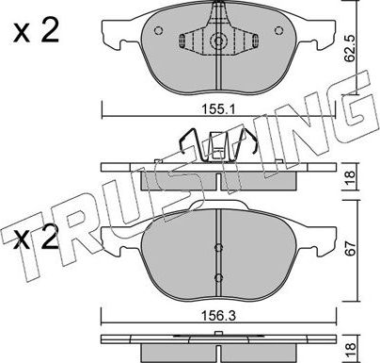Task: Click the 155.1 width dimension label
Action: click(x=218, y=109)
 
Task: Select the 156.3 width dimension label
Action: click(x=218, y=316)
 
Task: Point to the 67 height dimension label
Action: click(x=351, y=248)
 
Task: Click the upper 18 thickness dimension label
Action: click(x=350, y=177)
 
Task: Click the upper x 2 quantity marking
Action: click(x=36, y=31)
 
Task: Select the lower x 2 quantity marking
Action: click(x=36, y=238)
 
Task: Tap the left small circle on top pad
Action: click(x=159, y=30)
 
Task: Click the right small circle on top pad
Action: click(x=278, y=30)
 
